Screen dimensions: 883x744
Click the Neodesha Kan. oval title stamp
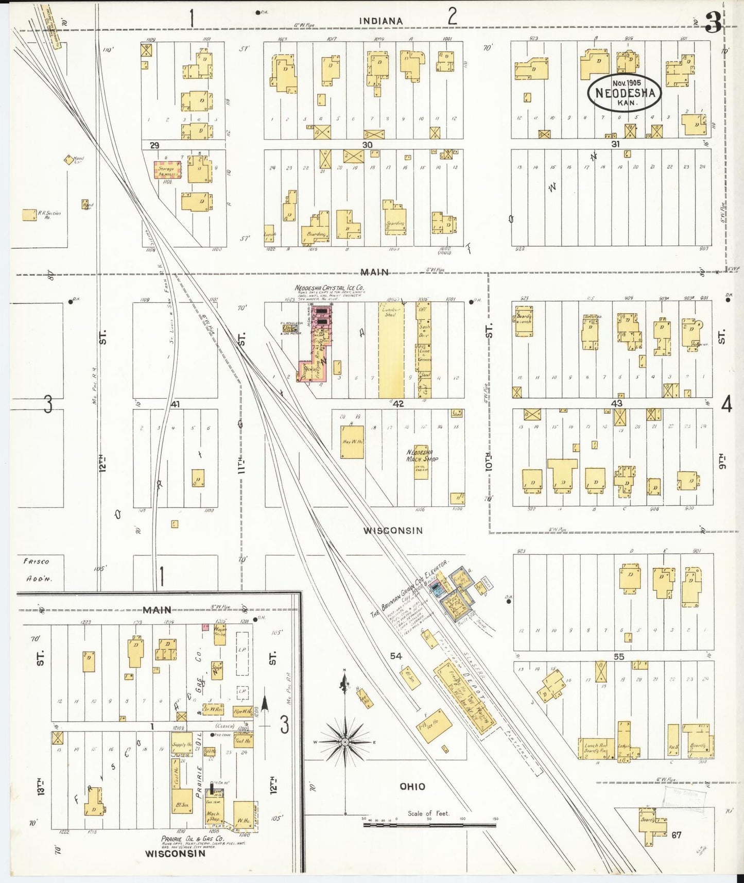click(x=625, y=92)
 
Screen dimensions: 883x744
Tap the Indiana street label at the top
click(x=380, y=21)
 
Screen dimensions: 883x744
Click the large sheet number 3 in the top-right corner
click(x=713, y=23)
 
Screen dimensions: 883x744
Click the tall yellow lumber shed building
click(x=391, y=350)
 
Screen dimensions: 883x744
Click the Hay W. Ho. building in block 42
click(x=352, y=442)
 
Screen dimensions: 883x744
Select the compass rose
click(x=344, y=741)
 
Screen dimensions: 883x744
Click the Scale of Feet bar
click(x=429, y=824)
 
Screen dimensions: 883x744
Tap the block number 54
click(x=395, y=656)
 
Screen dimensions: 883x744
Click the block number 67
click(x=676, y=835)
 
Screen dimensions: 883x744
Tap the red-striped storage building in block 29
click(x=168, y=169)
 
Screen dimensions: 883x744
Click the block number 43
click(x=616, y=403)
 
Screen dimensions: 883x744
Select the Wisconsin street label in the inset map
click(x=175, y=853)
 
